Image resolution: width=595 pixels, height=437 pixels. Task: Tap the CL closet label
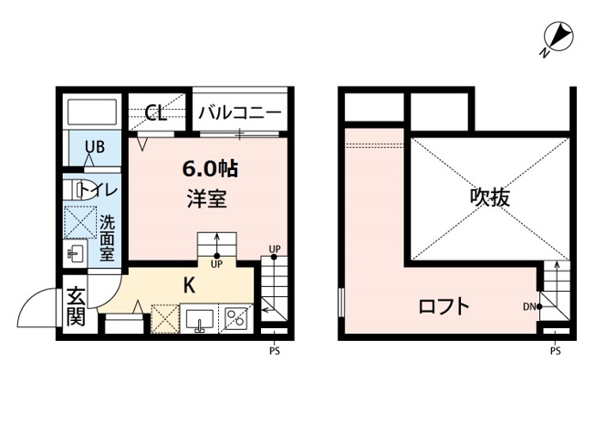point(155,113)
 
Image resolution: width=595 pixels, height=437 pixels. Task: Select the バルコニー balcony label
point(240,113)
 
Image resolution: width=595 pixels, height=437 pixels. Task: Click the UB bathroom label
point(95,146)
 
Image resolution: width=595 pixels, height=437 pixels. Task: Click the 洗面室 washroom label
point(108,237)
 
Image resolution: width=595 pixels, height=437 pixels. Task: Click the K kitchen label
point(189,284)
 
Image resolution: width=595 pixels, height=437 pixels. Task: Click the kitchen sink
point(198,319)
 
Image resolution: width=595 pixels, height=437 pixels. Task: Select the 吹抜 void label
point(489,197)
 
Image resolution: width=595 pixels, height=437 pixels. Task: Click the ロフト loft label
point(444,306)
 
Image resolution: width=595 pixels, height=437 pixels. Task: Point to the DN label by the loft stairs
point(529,306)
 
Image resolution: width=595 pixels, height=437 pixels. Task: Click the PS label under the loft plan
point(555,350)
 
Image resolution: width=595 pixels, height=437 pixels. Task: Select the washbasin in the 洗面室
point(77,253)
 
